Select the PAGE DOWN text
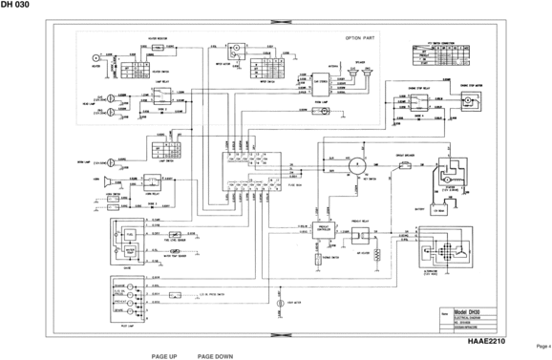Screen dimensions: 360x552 [215, 354]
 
